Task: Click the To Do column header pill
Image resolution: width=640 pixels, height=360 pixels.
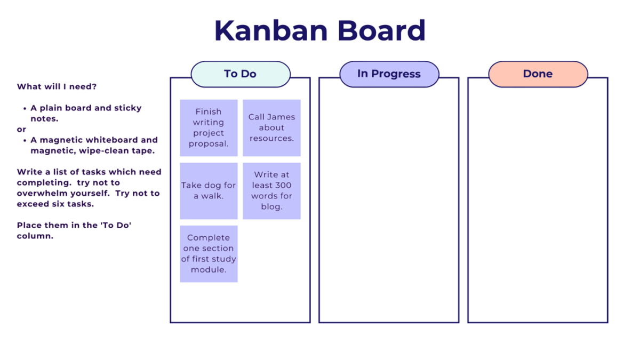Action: [241, 74]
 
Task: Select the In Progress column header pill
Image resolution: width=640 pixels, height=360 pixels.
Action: [389, 74]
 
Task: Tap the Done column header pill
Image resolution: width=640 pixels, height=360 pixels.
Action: [538, 74]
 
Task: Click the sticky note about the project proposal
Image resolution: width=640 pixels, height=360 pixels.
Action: [209, 128]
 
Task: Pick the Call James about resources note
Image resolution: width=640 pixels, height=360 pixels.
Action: [271, 128]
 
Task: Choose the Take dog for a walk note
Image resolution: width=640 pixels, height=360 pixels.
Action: [209, 191]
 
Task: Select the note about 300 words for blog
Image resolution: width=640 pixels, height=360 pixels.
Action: [271, 191]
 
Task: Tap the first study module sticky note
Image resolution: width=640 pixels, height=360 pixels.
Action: [209, 254]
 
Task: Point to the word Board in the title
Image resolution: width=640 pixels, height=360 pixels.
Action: [381, 31]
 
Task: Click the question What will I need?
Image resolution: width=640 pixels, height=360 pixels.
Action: [57, 86]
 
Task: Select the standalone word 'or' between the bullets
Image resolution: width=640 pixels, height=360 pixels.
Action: [21, 129]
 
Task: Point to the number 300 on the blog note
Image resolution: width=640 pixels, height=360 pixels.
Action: [282, 186]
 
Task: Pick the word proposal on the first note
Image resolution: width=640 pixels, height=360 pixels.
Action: [208, 144]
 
